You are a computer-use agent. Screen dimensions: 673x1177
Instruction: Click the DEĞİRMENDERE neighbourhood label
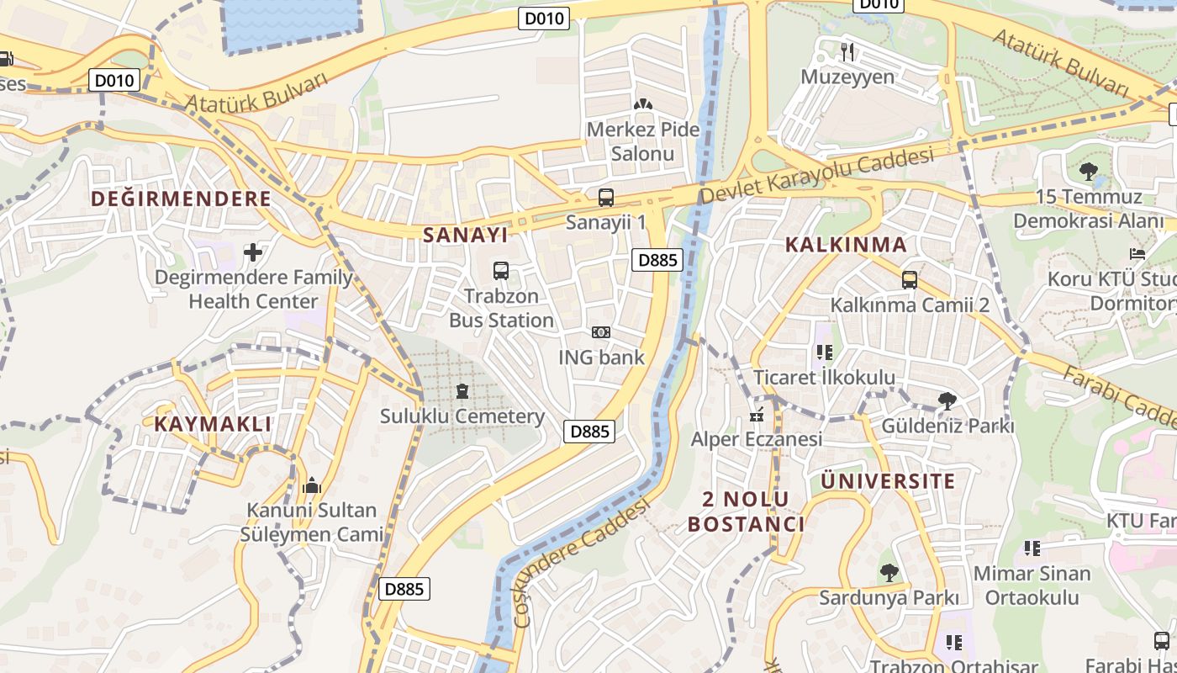181,199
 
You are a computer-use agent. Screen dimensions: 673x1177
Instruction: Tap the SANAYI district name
465,234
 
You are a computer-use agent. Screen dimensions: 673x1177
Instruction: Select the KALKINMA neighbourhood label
846,245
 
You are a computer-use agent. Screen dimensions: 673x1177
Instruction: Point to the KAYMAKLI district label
213,424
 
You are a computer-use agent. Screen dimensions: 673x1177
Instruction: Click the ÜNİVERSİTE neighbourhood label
888,481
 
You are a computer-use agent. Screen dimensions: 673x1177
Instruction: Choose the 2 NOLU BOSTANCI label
746,511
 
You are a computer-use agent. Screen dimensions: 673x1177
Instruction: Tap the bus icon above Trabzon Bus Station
501,271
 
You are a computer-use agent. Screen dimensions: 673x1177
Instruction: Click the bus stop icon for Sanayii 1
605,198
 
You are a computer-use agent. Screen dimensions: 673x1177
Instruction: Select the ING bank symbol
600,332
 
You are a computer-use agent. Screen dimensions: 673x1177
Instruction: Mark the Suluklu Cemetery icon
462,391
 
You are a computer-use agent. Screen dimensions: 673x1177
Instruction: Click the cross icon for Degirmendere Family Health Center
253,252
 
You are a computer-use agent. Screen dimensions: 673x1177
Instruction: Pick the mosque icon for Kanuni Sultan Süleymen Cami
312,485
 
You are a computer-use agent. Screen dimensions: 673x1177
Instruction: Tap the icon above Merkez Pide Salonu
643,104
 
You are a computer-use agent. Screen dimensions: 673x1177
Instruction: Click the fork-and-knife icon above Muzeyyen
847,52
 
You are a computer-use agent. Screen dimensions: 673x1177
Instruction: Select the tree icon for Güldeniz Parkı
947,401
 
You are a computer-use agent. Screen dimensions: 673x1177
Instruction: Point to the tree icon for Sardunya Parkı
889,573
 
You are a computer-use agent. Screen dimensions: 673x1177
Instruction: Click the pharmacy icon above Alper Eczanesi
756,414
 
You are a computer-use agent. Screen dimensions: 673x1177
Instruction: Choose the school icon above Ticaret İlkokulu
824,352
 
